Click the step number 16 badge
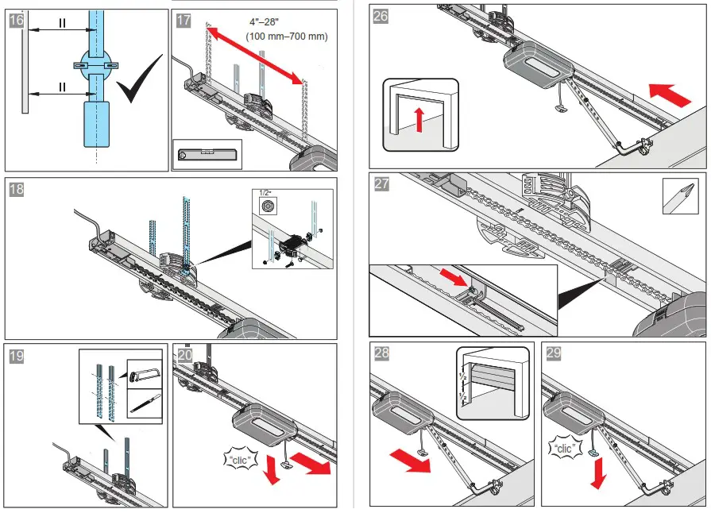click(x=16, y=21)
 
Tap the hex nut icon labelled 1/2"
click(x=268, y=206)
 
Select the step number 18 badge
click(x=16, y=189)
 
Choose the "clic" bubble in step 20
click(x=235, y=459)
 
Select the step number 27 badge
click(x=382, y=185)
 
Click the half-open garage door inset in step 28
click(x=493, y=383)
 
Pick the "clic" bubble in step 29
click(x=569, y=447)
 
